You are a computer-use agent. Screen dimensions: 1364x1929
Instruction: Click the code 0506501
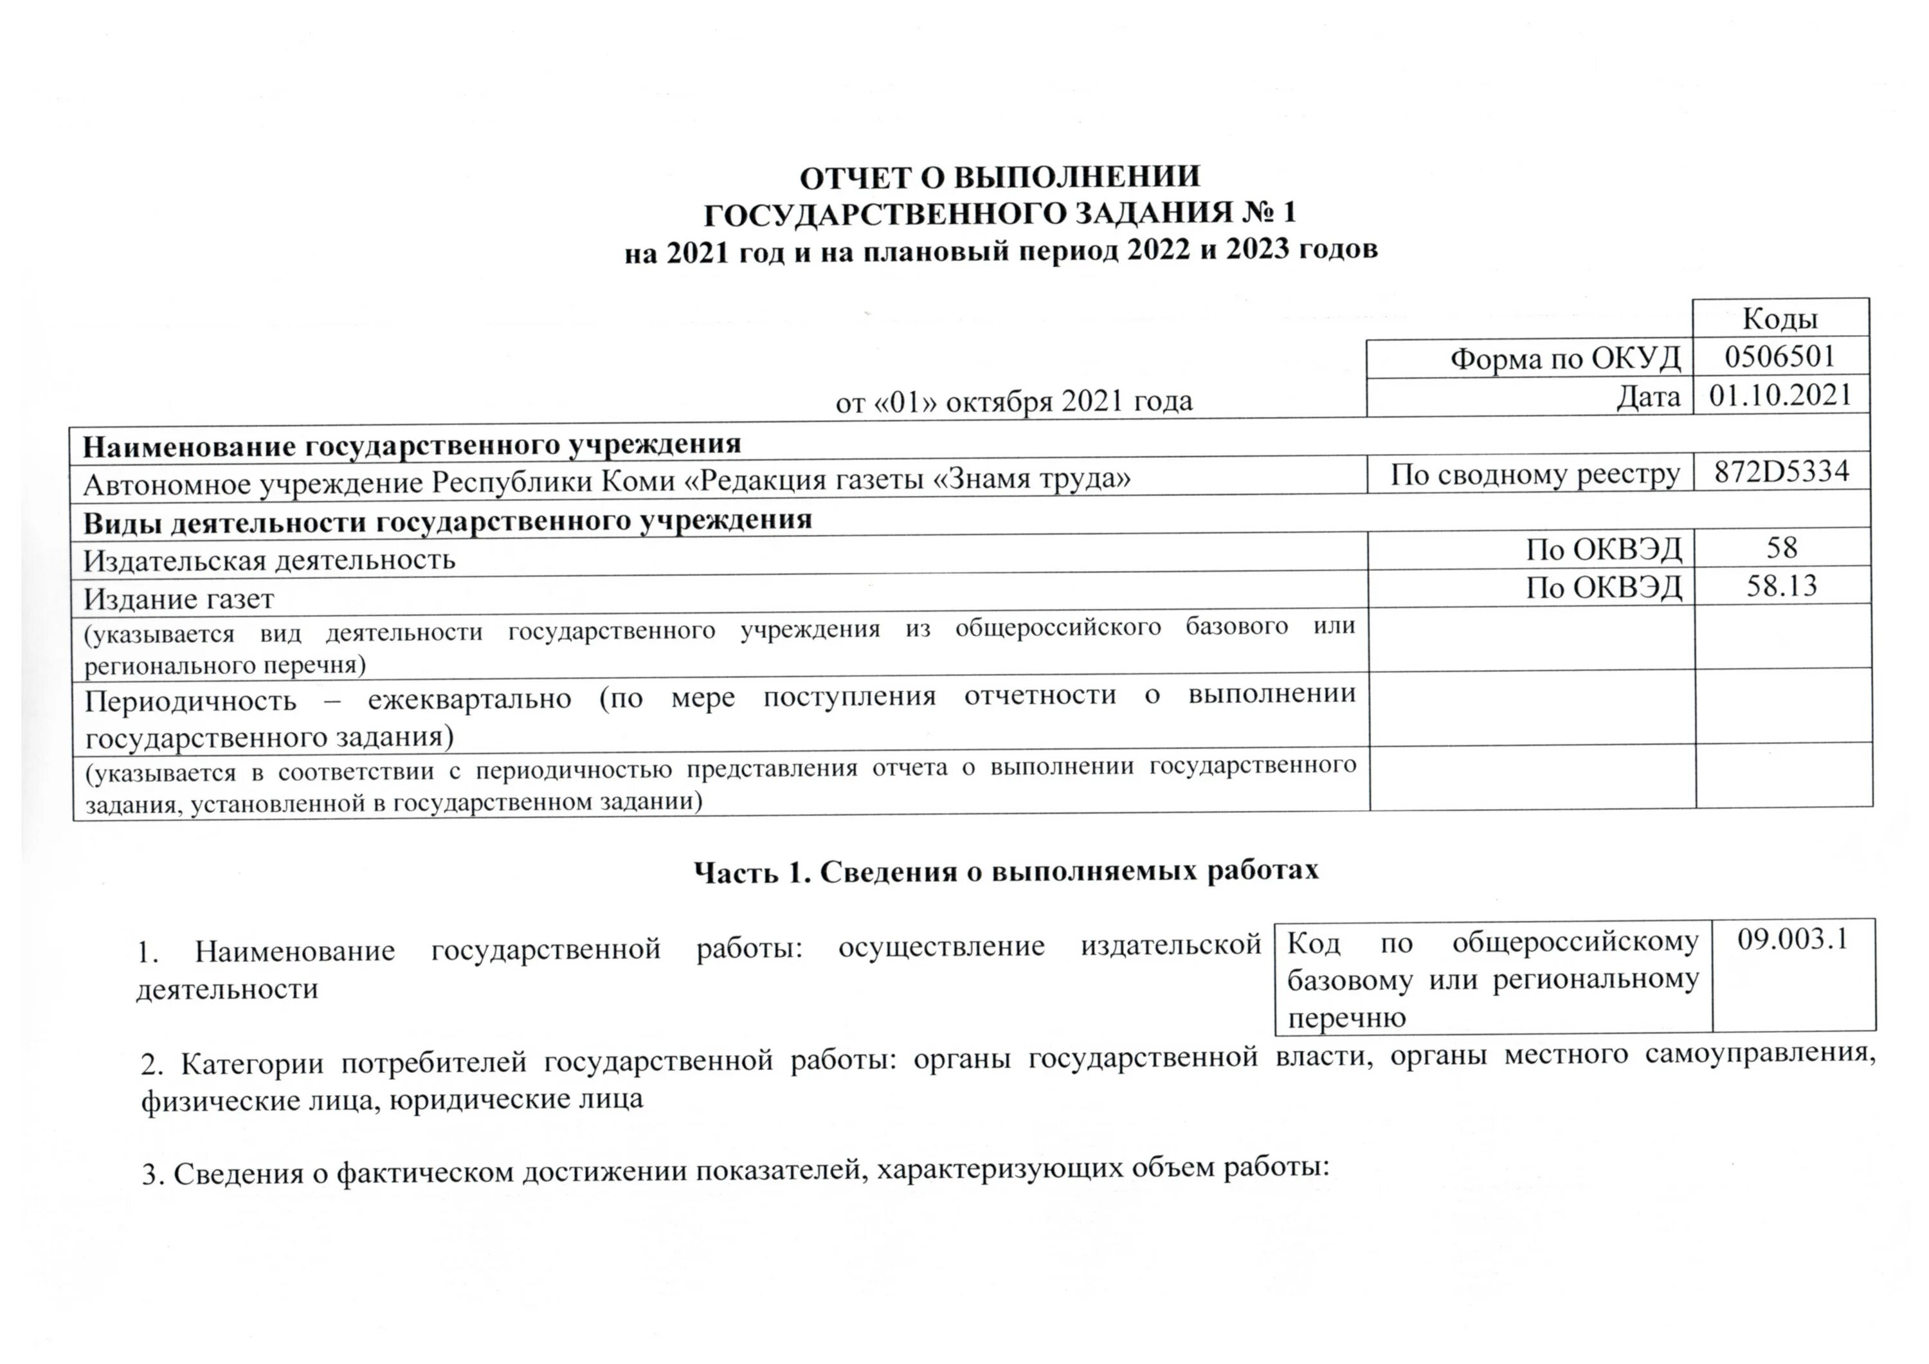point(1779,357)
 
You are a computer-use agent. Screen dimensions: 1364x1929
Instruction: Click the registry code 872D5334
point(1781,471)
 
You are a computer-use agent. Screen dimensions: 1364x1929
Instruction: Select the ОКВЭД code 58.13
point(1781,586)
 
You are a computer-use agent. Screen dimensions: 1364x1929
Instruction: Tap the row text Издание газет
point(178,599)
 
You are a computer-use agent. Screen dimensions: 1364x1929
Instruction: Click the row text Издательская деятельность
point(269,559)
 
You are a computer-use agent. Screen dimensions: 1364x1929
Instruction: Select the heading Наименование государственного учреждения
point(412,444)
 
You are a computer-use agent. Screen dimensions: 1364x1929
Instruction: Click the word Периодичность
point(191,700)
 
